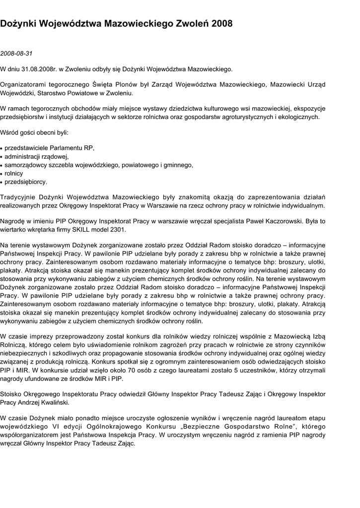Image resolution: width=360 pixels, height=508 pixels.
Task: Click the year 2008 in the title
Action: (x=221, y=23)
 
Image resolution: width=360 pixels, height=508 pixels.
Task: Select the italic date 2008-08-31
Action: (x=16, y=53)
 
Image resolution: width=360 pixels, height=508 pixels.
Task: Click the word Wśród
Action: (x=9, y=132)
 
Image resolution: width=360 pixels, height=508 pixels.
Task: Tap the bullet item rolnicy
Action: (x=14, y=173)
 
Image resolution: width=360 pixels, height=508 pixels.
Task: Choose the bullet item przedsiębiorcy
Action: (x=26, y=182)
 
